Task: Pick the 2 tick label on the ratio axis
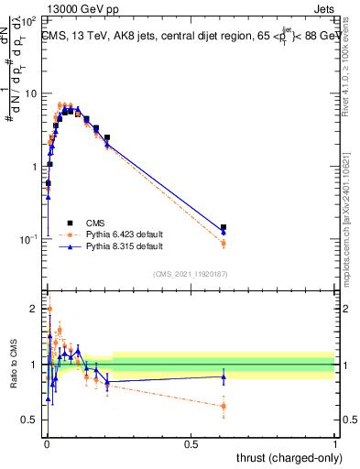click(34, 309)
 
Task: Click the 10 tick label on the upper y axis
click(31, 94)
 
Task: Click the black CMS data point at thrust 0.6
click(224, 226)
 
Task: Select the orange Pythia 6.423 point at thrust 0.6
click(224, 243)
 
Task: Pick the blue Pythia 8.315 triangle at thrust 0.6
click(224, 232)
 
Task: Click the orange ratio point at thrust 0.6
click(224, 406)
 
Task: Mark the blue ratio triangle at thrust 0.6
click(224, 376)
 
